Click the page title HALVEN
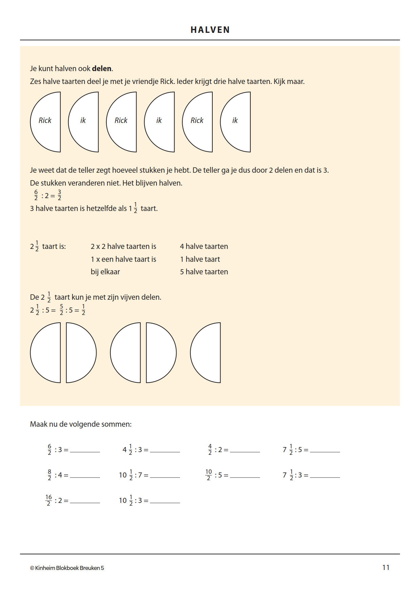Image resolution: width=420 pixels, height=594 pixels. (210, 30)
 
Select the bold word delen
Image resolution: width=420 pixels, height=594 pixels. (102, 68)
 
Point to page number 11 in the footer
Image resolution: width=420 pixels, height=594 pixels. (386, 568)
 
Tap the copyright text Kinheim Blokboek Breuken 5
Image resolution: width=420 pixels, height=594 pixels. (67, 568)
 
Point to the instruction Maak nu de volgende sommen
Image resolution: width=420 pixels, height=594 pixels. (81, 424)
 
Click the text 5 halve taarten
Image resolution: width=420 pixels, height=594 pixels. (204, 272)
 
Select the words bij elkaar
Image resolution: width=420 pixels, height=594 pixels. (105, 272)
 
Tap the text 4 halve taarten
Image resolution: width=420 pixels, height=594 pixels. (204, 246)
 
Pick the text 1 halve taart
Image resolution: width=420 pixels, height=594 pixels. (200, 259)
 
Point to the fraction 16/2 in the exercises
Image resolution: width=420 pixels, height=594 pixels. (49, 500)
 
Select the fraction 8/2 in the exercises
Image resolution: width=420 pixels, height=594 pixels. (49, 475)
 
